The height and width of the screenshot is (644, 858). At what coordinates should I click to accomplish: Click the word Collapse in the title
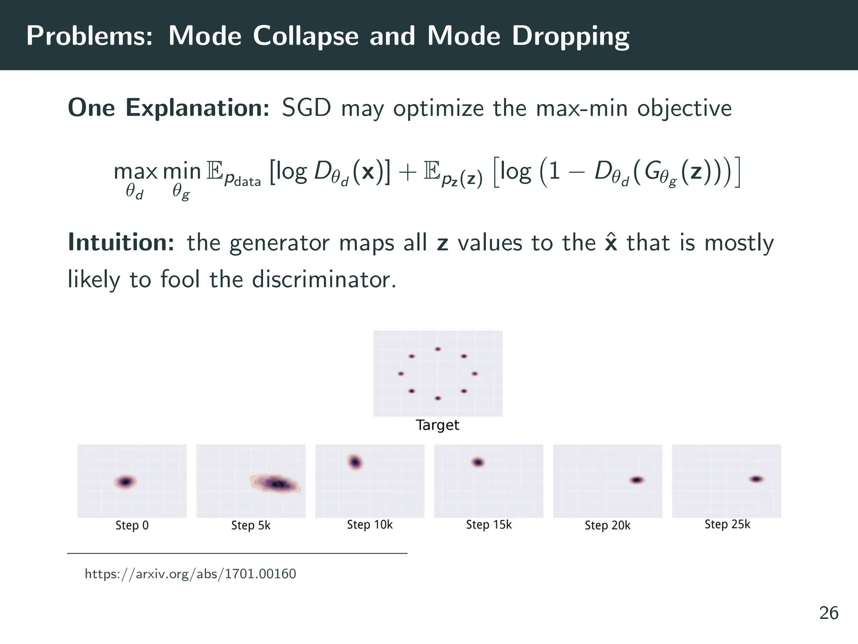coord(306,36)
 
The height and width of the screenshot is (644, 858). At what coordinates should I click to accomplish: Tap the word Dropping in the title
coord(571,37)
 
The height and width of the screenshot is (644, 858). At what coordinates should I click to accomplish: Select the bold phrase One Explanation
coord(168,108)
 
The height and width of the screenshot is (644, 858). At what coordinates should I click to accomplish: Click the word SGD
coord(306,108)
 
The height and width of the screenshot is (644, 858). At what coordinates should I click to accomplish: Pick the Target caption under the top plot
coord(437,425)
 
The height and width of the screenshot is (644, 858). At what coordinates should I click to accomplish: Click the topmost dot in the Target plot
coord(438,349)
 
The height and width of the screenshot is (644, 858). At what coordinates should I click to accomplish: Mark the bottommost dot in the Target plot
coord(438,398)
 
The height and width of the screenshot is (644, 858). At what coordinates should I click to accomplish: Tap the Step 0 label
coord(132,525)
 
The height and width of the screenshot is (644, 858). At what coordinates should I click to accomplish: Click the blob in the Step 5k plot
coord(276,484)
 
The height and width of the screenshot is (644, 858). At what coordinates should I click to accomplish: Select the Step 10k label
coord(370,525)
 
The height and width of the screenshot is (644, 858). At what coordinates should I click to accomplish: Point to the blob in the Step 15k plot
coord(478,462)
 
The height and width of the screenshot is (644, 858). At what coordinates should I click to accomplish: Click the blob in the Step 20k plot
coord(637,480)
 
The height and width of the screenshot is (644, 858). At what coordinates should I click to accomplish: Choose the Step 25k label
coord(727,525)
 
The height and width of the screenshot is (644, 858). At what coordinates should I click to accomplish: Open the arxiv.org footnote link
coord(190,574)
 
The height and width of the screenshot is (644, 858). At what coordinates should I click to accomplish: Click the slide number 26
coord(829,613)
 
